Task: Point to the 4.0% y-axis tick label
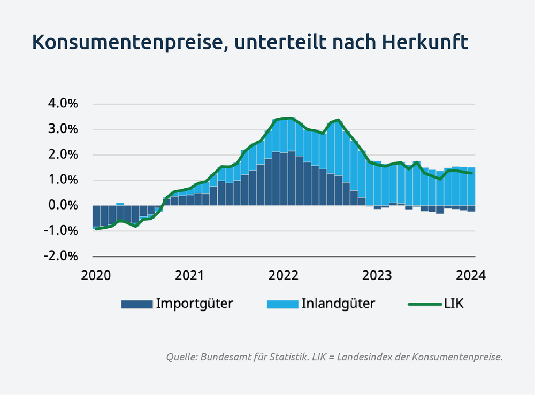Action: tap(63, 104)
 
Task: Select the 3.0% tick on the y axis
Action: tap(63, 129)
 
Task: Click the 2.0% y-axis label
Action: tap(63, 155)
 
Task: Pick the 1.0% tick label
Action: tap(63, 180)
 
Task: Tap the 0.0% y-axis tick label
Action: tap(63, 206)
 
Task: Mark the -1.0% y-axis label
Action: tap(62, 231)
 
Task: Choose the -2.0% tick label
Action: tap(62, 256)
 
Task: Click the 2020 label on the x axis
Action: tap(96, 276)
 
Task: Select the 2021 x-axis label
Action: tap(190, 276)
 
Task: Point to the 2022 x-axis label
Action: tap(284, 276)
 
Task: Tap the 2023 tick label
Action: tap(377, 276)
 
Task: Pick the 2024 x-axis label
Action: tap(471, 276)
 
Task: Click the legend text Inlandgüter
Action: tap(338, 304)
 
